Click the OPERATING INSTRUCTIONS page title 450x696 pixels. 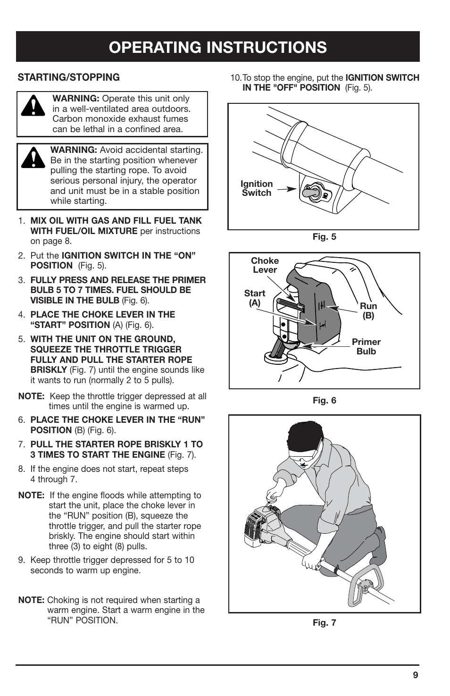pyautogui.click(x=217, y=47)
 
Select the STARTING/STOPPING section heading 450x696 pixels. pyautogui.click(x=69, y=77)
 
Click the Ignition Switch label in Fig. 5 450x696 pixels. pyautogui.click(x=257, y=188)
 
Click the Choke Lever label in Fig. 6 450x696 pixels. pyautogui.click(x=265, y=265)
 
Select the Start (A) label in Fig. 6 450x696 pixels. pyautogui.click(x=255, y=298)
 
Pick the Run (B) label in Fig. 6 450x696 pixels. pyautogui.click(x=368, y=311)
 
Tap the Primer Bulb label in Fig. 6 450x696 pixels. pyautogui.click(x=366, y=347)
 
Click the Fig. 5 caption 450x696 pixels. pyautogui.click(x=325, y=237)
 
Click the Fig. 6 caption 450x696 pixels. pyautogui.click(x=325, y=401)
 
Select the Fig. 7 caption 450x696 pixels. pyautogui.click(x=325, y=623)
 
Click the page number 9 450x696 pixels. pyautogui.click(x=415, y=675)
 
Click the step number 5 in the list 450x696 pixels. pyautogui.click(x=21, y=339)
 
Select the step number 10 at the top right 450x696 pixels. pyautogui.click(x=235, y=78)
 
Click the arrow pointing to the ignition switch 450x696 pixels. pyautogui.click(x=286, y=189)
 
